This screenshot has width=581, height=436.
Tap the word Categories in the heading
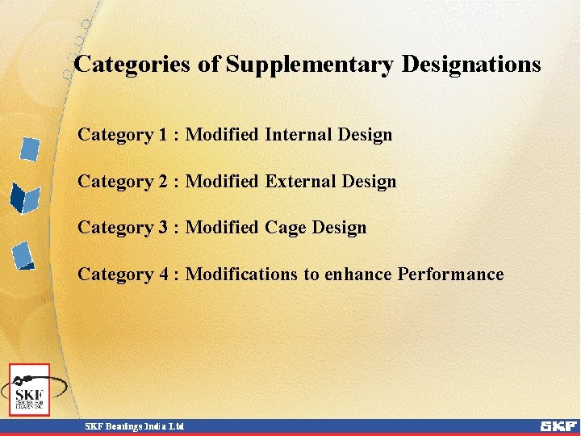pyautogui.click(x=132, y=65)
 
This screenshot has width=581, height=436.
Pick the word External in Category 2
pyautogui.click(x=298, y=182)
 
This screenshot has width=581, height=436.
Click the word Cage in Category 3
pyautogui.click(x=286, y=228)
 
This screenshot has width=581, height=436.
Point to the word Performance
pyautogui.click(x=450, y=275)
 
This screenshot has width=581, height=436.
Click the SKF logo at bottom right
pyautogui.click(x=558, y=426)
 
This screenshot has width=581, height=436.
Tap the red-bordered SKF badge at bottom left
pyautogui.click(x=30, y=389)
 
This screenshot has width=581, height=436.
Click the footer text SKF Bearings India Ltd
pyautogui.click(x=136, y=426)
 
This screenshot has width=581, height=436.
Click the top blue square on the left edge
pyautogui.click(x=30, y=149)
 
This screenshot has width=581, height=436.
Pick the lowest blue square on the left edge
pyautogui.click(x=23, y=255)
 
